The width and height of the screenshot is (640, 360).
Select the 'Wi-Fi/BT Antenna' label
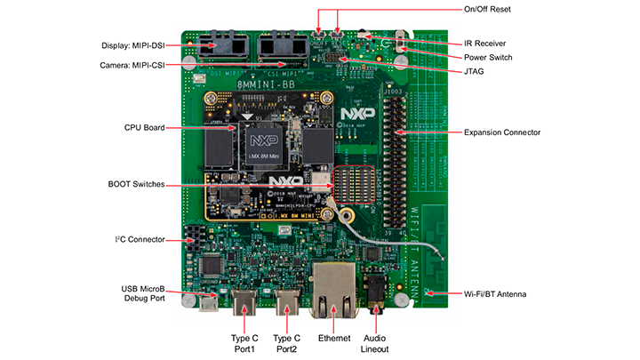(501, 293)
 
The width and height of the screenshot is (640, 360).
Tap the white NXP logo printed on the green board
(353, 114)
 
